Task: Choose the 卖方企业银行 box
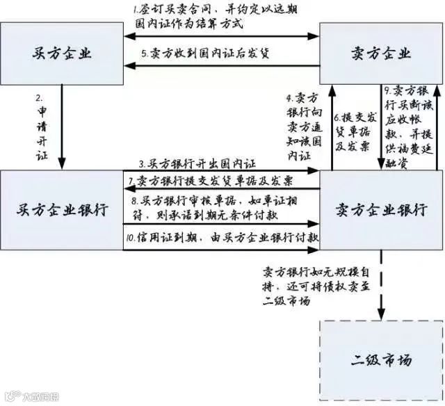tap(380, 209)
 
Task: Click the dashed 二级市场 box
tap(380, 360)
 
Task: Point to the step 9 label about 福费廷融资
tap(407, 127)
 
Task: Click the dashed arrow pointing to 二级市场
tap(380, 292)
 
